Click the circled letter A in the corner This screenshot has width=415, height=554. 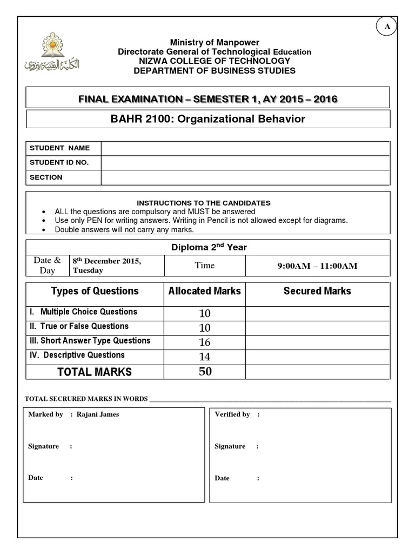click(x=387, y=27)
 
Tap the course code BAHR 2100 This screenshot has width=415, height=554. click(x=133, y=119)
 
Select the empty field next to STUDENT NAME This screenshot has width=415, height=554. click(x=245, y=148)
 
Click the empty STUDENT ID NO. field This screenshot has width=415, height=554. click(x=245, y=163)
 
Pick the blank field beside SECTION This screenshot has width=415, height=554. click(x=245, y=177)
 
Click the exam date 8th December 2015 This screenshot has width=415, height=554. click(x=107, y=261)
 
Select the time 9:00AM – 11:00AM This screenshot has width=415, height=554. click(x=317, y=266)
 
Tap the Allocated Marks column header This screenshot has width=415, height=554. click(x=205, y=291)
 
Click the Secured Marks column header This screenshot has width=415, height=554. click(x=317, y=291)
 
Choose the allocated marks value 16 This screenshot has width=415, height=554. click(x=205, y=342)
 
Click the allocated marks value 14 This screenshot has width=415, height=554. click(x=205, y=357)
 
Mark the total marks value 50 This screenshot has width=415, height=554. click(x=205, y=372)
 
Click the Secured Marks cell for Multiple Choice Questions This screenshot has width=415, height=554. click(x=317, y=313)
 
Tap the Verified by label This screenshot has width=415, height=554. click(x=232, y=414)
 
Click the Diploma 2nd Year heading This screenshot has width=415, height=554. click(x=209, y=247)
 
